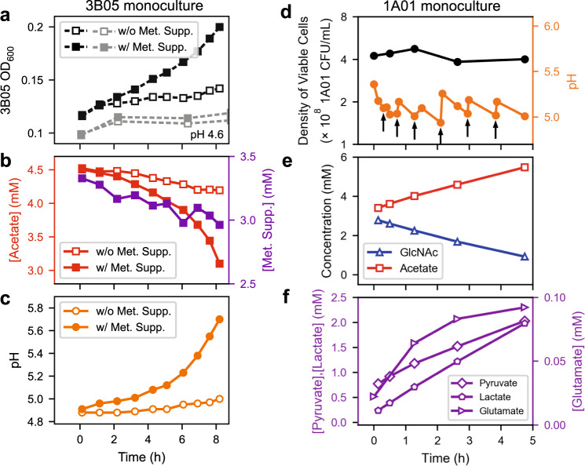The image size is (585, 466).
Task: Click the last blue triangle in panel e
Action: click(525, 257)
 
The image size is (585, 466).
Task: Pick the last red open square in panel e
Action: click(525, 167)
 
